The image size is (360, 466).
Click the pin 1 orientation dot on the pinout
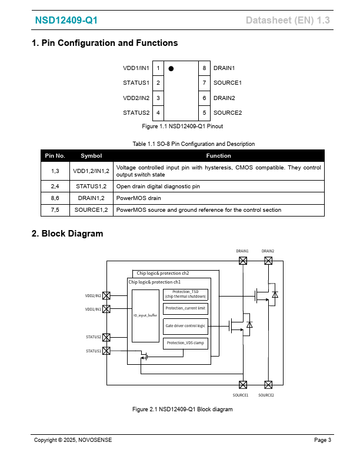(x=171, y=68)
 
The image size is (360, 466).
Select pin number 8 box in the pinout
(x=204, y=68)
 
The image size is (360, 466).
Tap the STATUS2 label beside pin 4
(x=136, y=112)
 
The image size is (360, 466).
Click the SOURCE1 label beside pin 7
(x=227, y=83)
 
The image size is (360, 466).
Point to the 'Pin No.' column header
(x=55, y=156)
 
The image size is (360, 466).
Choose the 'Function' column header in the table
(x=218, y=156)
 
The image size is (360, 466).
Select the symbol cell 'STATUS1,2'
(x=91, y=187)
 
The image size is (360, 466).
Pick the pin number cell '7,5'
(x=55, y=210)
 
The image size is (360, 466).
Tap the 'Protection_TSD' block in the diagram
(x=185, y=294)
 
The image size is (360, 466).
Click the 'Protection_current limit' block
(x=185, y=308)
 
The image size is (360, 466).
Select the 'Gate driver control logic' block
(x=185, y=325)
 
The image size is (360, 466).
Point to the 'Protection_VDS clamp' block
(x=185, y=343)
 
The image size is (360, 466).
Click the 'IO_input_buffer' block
(x=145, y=316)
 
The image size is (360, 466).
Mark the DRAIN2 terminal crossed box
(x=268, y=260)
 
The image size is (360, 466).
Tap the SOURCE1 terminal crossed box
(x=242, y=385)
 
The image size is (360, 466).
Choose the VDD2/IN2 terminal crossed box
(x=106, y=296)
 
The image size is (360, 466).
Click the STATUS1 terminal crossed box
(x=106, y=351)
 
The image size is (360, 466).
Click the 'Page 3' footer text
(x=322, y=440)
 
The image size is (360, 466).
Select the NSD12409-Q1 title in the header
(x=66, y=21)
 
